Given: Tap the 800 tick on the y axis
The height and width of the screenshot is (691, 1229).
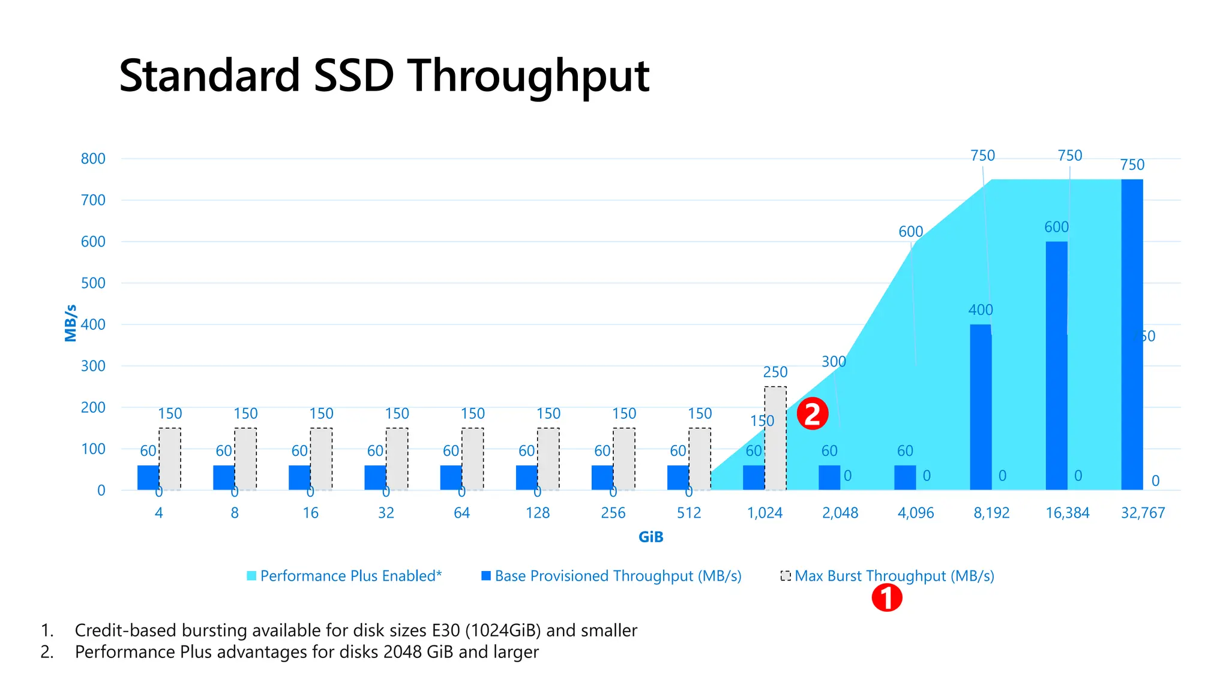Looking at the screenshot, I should pyautogui.click(x=93, y=159).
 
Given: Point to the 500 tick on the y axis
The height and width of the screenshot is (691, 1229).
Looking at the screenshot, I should pyautogui.click(x=93, y=283).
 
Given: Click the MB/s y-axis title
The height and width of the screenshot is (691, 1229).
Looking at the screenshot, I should pyautogui.click(x=71, y=323).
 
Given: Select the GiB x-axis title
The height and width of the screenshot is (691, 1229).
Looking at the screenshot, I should pyautogui.click(x=651, y=537).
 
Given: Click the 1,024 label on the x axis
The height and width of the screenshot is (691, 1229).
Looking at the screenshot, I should pyautogui.click(x=765, y=513).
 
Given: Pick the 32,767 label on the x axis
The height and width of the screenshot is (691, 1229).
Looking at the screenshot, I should pyautogui.click(x=1143, y=513).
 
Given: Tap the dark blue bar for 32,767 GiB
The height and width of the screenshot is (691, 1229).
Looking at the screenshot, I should pyautogui.click(x=1132, y=336).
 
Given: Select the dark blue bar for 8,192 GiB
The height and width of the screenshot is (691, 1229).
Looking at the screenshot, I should pyautogui.click(x=981, y=408).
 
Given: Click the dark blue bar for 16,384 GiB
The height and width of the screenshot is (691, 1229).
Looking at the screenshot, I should pyautogui.click(x=1056, y=366).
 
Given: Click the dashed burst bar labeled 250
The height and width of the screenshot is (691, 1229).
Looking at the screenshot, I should pyautogui.click(x=775, y=438).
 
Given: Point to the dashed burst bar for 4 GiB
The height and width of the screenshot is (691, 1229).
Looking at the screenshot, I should pyautogui.click(x=170, y=459).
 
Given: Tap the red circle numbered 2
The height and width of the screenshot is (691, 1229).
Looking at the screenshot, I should pyautogui.click(x=813, y=414).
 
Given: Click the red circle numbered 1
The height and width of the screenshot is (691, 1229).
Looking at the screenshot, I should pyautogui.click(x=887, y=597).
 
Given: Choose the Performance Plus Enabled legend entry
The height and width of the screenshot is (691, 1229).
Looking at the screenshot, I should pyautogui.click(x=344, y=576).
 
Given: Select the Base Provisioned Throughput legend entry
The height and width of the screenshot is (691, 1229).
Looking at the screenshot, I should pyautogui.click(x=612, y=576).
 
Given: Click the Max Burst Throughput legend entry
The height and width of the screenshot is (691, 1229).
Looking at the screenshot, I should pyautogui.click(x=888, y=576).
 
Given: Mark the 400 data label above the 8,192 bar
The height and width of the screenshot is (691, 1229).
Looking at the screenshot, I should pyautogui.click(x=981, y=310).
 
